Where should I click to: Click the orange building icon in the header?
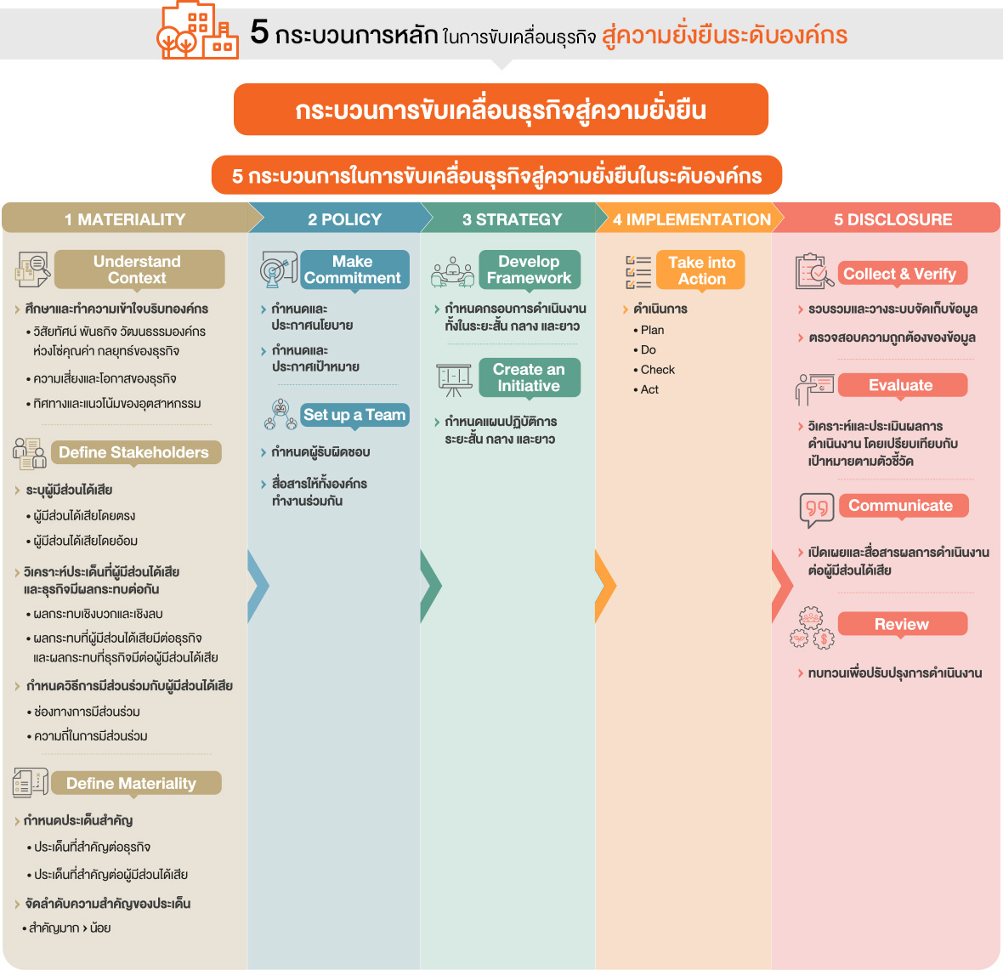coord(197,30)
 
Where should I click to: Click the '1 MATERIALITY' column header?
coord(126,218)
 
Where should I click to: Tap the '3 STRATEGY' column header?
coord(513,218)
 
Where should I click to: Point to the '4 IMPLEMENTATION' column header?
coord(692,218)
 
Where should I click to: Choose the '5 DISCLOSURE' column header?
coord(892,218)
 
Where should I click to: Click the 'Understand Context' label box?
coord(139,269)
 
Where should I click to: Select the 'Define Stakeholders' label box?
coord(136,452)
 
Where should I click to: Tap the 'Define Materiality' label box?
coord(136,783)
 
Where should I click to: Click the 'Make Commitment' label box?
coord(354,269)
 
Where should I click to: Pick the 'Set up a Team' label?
coord(354,415)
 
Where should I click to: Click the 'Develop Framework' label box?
coord(530,269)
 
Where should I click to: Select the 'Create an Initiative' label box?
coord(530,377)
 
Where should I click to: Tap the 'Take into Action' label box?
coord(700,270)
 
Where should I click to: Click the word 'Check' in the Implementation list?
coord(658,370)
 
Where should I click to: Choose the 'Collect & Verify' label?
coord(902,273)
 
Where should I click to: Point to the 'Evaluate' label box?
coord(902,385)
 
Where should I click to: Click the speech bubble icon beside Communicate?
coord(817,509)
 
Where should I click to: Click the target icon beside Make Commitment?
coord(278,269)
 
